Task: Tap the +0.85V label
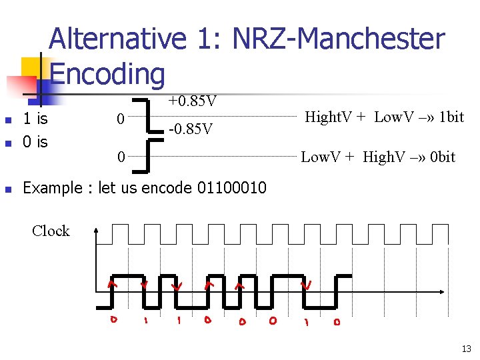[192, 101]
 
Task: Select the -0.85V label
[191, 129]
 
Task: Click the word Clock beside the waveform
[51, 231]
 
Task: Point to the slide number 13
[465, 349]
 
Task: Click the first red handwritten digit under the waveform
[114, 320]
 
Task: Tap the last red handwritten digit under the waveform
[337, 323]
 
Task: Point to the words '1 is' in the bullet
[35, 120]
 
